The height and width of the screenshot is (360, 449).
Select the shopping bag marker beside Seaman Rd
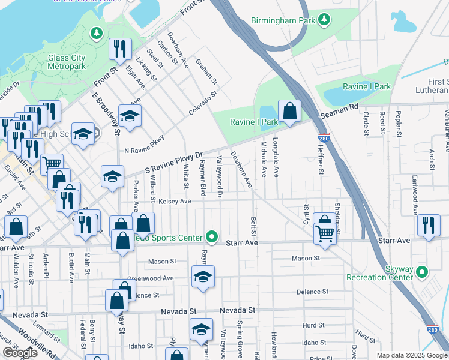(289, 111)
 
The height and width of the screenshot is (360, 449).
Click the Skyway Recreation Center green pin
(421, 272)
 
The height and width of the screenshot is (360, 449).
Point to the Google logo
(20, 353)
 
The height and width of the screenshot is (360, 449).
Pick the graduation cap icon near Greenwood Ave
(203, 277)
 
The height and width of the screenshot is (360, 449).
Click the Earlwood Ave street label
(414, 194)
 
